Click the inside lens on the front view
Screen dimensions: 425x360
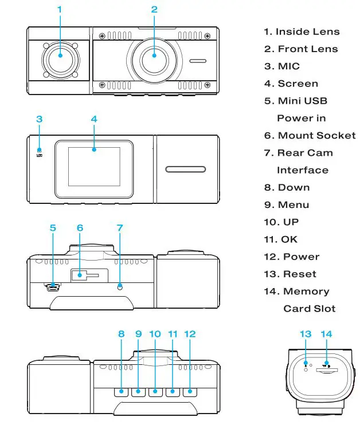(60, 58)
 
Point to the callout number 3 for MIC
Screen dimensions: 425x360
(39, 119)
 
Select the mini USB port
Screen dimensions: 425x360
(53, 286)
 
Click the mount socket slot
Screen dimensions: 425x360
(84, 276)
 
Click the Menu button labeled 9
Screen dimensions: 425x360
(138, 392)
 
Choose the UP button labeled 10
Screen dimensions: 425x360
(155, 392)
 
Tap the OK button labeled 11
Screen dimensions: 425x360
(173, 392)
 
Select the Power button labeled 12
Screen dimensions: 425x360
(190, 392)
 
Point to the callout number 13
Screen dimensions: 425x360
(305, 334)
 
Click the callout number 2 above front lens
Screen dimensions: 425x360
(154, 9)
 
